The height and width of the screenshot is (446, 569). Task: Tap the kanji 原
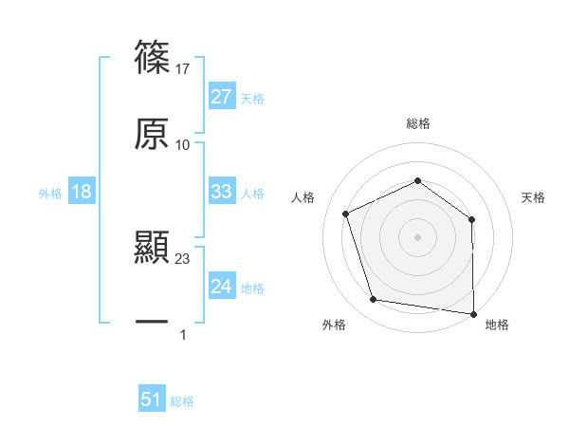click(x=152, y=135)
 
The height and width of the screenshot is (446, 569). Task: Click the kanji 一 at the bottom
click(x=152, y=324)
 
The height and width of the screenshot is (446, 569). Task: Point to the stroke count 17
click(x=183, y=69)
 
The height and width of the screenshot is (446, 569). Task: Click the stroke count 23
click(x=183, y=259)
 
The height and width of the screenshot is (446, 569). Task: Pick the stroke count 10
click(x=183, y=145)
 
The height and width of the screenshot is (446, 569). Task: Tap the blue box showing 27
click(x=221, y=97)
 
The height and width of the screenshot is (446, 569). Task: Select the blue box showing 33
click(x=221, y=192)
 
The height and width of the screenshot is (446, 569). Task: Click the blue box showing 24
click(x=221, y=287)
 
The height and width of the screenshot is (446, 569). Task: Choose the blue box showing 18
click(x=82, y=192)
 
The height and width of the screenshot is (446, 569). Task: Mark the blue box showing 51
click(x=152, y=400)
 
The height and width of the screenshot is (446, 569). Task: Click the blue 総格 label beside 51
click(x=182, y=401)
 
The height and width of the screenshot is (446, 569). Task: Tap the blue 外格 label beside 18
click(x=50, y=194)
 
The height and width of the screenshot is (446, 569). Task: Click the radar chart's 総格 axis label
click(x=418, y=123)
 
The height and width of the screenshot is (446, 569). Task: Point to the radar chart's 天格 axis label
click(x=534, y=197)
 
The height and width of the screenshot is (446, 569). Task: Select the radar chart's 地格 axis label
click(x=497, y=325)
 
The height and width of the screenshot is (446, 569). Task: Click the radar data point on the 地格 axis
click(x=472, y=312)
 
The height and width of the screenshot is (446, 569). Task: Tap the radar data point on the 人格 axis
click(x=345, y=214)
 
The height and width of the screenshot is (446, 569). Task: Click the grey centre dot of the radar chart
click(x=418, y=236)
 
